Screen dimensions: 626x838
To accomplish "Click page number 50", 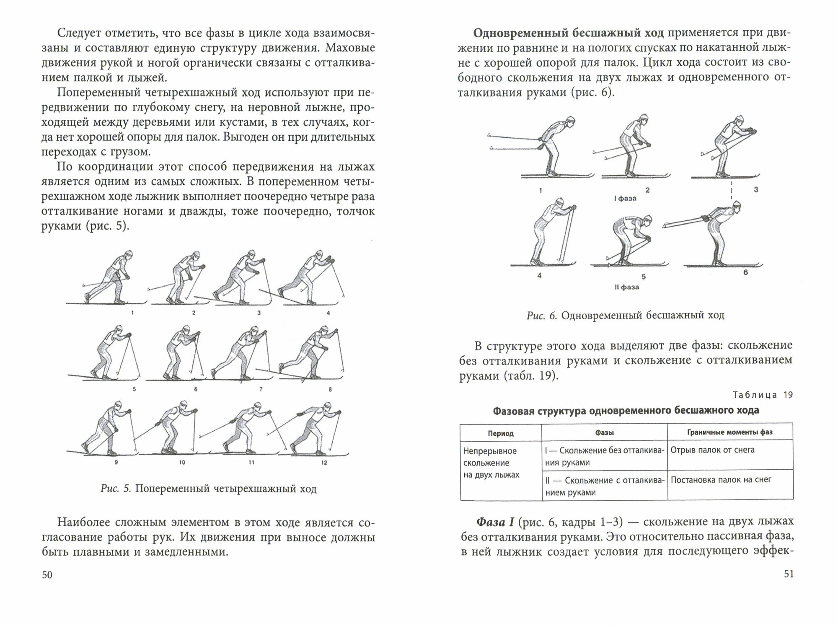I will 47,574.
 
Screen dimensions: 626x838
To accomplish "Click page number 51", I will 788,574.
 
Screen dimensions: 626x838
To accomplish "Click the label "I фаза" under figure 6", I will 625,198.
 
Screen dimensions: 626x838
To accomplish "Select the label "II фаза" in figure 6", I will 626,287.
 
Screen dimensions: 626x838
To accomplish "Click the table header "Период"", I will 501,433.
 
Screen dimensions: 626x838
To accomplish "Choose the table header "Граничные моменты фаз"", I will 729,432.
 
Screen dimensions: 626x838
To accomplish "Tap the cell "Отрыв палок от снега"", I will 712,450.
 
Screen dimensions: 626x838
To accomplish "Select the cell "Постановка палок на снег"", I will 721,479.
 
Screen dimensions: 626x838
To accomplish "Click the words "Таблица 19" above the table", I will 763,395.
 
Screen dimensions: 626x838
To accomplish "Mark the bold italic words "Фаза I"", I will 495,523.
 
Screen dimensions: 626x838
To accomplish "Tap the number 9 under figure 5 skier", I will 116,463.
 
